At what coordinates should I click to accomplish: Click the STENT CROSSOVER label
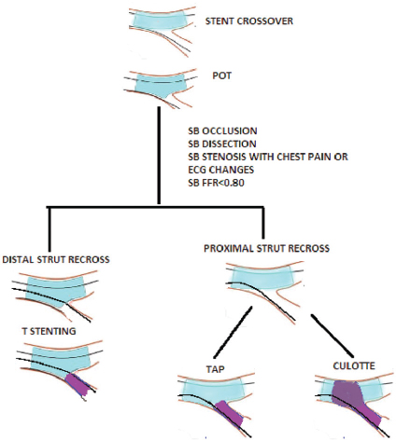pos(249,21)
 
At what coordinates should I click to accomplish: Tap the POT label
pos(221,76)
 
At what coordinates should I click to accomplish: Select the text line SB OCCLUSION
pos(222,131)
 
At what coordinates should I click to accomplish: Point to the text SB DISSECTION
pos(222,144)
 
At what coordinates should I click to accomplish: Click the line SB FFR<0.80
pos(216,183)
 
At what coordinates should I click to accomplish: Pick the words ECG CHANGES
pos(220,170)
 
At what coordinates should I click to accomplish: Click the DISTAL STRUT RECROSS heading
pos(56,259)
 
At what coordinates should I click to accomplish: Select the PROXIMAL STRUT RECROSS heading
pos(266,248)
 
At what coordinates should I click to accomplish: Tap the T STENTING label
pos(49,331)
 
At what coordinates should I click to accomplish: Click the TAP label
pos(216,369)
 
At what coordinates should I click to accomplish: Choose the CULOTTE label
pos(354,365)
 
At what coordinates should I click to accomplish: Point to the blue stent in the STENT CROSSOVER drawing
pos(160,20)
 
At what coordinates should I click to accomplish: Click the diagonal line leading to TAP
pos(233,333)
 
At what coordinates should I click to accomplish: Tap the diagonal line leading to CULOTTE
pos(332,336)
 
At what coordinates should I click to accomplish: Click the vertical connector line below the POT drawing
pos(159,156)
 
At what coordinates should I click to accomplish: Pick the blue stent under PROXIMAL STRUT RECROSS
pos(262,277)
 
